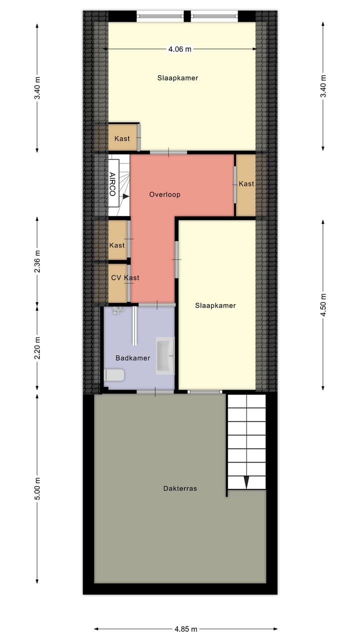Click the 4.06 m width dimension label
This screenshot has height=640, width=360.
(179, 49)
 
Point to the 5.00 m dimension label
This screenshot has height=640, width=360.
(37, 488)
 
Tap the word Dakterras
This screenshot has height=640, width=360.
(180, 488)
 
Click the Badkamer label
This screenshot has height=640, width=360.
(133, 358)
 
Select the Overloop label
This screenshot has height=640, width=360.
(164, 194)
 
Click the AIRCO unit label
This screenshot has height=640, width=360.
(112, 183)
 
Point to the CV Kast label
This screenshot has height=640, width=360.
(125, 278)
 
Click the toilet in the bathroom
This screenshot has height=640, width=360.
(114, 375)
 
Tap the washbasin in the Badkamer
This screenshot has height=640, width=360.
(165, 355)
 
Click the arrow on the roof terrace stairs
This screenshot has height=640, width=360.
(246, 482)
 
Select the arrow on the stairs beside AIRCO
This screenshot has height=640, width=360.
(126, 196)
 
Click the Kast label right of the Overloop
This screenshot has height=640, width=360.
(246, 184)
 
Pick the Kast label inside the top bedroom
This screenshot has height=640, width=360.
(122, 138)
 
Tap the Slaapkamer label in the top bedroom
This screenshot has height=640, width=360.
(177, 78)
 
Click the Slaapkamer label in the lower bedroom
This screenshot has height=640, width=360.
(215, 305)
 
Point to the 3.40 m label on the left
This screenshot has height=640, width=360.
(37, 87)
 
